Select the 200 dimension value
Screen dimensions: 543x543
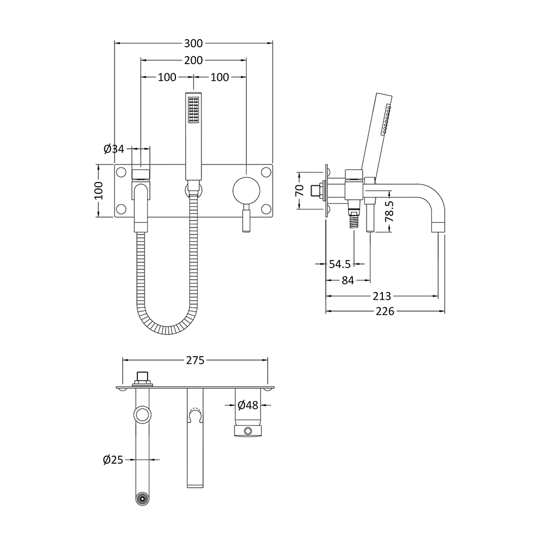[x=193, y=60]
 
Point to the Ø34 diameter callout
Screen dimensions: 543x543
[x=113, y=148]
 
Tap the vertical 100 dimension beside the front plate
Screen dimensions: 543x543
[x=98, y=191]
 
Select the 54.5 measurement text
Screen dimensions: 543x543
[x=340, y=264]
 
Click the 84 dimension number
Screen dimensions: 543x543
[x=348, y=280]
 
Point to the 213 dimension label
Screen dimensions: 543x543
[x=382, y=296]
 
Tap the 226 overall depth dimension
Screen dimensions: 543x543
[x=385, y=311]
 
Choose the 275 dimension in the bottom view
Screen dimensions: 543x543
[x=195, y=360]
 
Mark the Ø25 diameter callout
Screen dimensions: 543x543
[x=113, y=460]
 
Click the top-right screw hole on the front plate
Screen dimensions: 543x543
[x=266, y=173]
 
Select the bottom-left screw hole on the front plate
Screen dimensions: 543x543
[x=121, y=209]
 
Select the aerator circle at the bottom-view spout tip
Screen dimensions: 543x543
[x=142, y=499]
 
